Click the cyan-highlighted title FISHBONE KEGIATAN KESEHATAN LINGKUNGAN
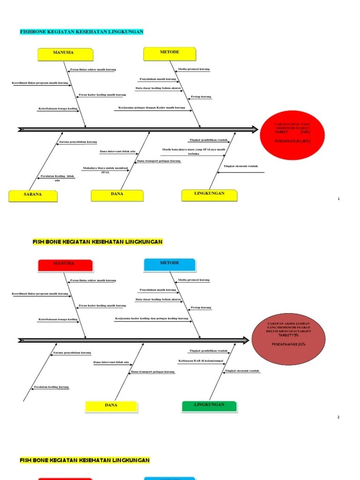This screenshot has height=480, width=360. [81, 32]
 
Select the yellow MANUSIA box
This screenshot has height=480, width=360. [64, 53]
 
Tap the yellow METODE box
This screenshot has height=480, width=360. [169, 52]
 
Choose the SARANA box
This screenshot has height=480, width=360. [33, 194]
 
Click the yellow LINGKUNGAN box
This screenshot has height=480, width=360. [210, 194]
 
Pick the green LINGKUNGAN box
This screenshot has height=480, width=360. [209, 405]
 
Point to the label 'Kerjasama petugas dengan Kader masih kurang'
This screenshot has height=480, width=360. [152, 108]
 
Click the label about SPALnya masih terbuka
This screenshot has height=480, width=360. [194, 151]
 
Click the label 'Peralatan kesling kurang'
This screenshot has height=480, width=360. [51, 387]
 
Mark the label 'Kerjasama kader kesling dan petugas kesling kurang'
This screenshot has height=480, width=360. [151, 319]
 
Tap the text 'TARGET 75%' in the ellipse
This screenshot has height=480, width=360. [288, 336]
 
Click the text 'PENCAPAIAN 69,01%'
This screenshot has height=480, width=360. [289, 344]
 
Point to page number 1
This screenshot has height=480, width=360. [338, 199]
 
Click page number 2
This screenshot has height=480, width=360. [338, 417]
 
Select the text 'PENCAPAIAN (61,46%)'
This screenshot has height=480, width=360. [292, 141]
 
